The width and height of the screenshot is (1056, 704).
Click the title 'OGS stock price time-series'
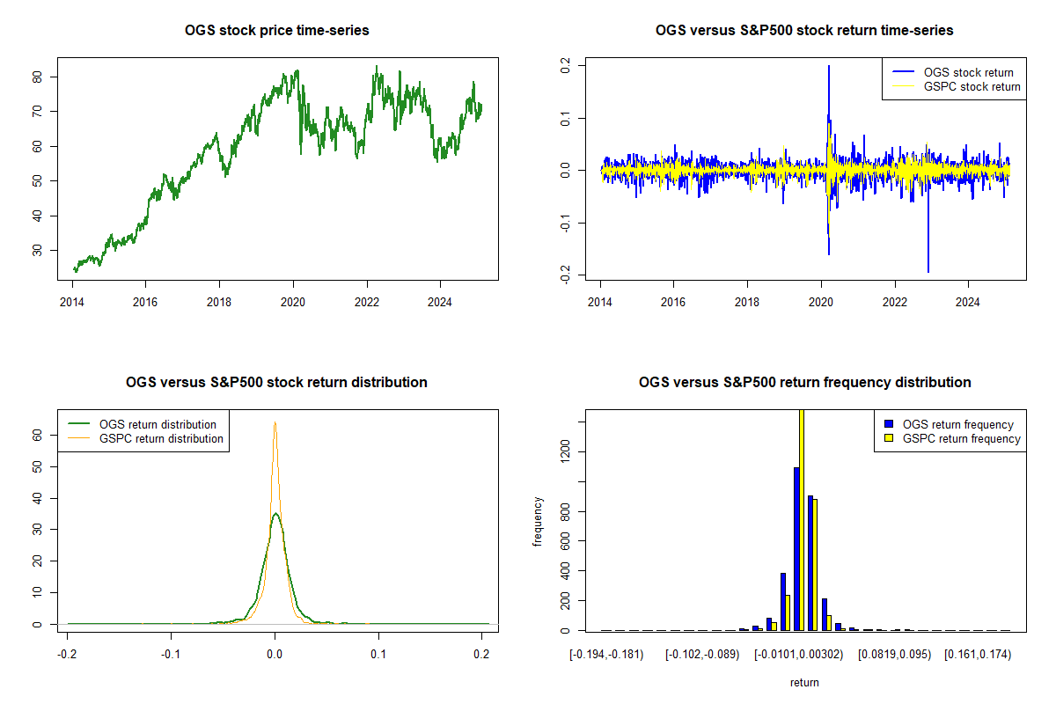click(x=277, y=31)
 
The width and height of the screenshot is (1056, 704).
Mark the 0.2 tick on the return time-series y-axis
click(x=568, y=66)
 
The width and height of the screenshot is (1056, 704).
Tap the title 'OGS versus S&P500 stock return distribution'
click(x=277, y=383)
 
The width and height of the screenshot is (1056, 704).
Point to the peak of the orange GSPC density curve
click(x=275, y=423)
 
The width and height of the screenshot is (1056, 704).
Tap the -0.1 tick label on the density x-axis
click(x=171, y=656)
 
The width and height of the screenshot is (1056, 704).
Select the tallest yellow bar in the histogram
click(x=802, y=519)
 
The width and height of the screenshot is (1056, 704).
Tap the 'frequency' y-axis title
click(x=538, y=522)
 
